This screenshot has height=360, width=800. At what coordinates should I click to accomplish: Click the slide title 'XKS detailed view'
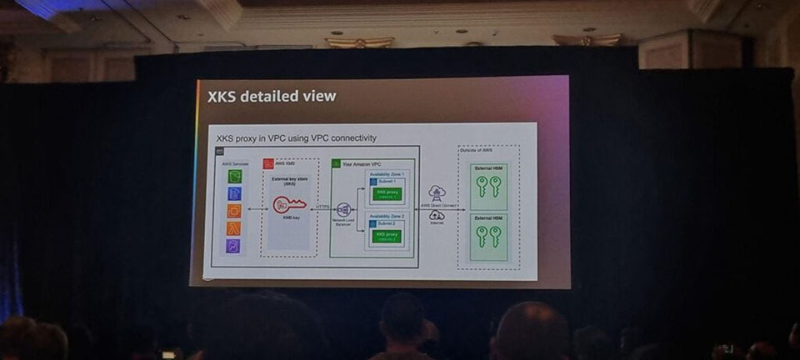pyautogui.click(x=272, y=97)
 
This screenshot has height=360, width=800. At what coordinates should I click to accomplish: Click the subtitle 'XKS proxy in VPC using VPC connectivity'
pyautogui.click(x=296, y=137)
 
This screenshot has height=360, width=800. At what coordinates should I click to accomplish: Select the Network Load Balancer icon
pyautogui.click(x=342, y=209)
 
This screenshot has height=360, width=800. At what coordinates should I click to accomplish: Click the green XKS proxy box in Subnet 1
pyautogui.click(x=387, y=194)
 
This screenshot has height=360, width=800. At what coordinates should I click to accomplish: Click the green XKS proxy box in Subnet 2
pyautogui.click(x=387, y=237)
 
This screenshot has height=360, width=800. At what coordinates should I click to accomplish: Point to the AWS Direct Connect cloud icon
pyautogui.click(x=437, y=193)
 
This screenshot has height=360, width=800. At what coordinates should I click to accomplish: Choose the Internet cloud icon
pyautogui.click(x=437, y=216)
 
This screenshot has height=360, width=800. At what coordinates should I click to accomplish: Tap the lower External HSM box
pyautogui.click(x=488, y=236)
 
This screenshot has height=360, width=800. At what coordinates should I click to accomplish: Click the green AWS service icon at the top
pyautogui.click(x=235, y=177)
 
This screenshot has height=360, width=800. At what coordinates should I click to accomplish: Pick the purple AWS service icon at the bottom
pyautogui.click(x=234, y=246)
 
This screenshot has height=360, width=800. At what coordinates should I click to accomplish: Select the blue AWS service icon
pyautogui.click(x=235, y=193)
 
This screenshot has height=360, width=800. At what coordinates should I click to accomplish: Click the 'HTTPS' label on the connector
pyautogui.click(x=322, y=207)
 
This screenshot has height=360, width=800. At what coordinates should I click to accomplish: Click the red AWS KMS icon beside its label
pyautogui.click(x=268, y=164)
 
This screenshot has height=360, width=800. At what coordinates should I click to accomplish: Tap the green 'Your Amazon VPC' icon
pyautogui.click(x=337, y=164)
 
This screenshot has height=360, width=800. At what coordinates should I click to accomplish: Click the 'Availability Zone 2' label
pyautogui.click(x=387, y=217)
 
